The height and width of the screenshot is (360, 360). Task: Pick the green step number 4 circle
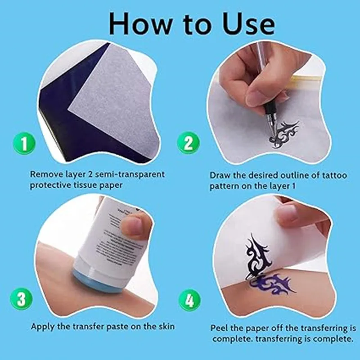(x=189, y=301)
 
